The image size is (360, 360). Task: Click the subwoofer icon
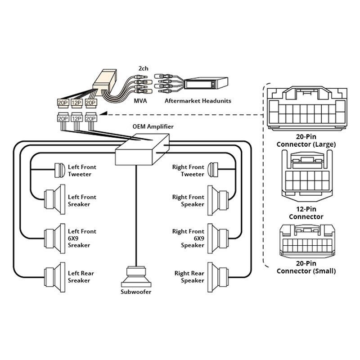tap(136, 276)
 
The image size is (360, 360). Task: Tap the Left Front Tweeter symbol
tap(58, 170)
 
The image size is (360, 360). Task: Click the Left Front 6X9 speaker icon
tap(52, 237)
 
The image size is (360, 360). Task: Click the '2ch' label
tap(143, 68)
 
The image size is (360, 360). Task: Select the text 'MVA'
tap(140, 101)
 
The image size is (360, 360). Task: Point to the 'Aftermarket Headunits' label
tap(198, 101)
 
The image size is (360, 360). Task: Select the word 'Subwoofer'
tap(136, 292)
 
